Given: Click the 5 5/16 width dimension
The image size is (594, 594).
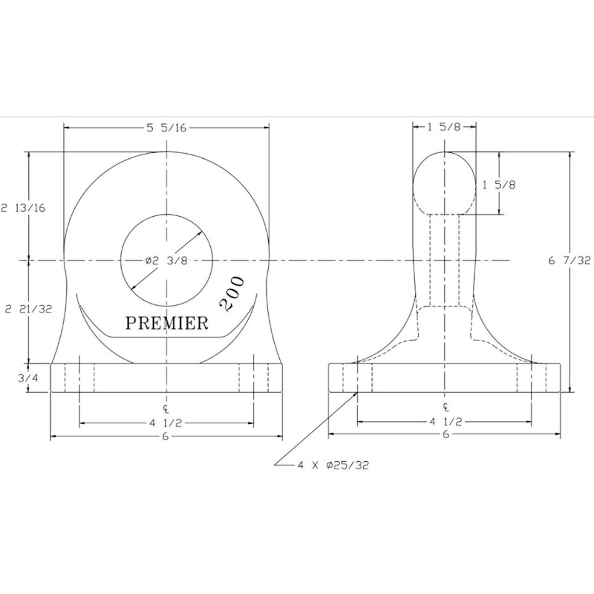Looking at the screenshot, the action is pyautogui.click(x=167, y=128).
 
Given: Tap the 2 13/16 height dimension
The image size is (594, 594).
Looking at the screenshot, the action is pyautogui.click(x=23, y=208).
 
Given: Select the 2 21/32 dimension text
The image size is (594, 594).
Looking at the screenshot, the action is pyautogui.click(x=28, y=309).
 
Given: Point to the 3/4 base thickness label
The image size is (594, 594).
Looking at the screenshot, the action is pyautogui.click(x=28, y=378).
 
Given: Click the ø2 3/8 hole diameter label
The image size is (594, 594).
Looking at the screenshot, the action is pyautogui.click(x=166, y=261).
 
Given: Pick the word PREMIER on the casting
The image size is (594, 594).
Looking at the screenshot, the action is pyautogui.click(x=167, y=323).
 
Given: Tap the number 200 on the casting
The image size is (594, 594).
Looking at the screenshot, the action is pyautogui.click(x=232, y=294).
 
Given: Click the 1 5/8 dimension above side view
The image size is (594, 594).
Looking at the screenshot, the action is pyautogui.click(x=444, y=127).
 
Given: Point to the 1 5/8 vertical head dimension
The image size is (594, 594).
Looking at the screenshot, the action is pyautogui.click(x=499, y=185).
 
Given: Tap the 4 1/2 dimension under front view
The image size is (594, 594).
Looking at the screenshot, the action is pyautogui.click(x=166, y=423).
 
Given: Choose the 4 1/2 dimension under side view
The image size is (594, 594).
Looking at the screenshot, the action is pyautogui.click(x=446, y=422).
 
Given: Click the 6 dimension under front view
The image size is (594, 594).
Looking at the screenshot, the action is pyautogui.click(x=166, y=437).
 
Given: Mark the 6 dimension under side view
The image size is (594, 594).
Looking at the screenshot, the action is pyautogui.click(x=446, y=435).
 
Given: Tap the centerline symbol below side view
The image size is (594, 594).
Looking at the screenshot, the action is pyautogui.click(x=446, y=407).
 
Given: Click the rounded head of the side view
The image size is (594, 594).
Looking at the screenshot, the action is pyautogui.click(x=445, y=183).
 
